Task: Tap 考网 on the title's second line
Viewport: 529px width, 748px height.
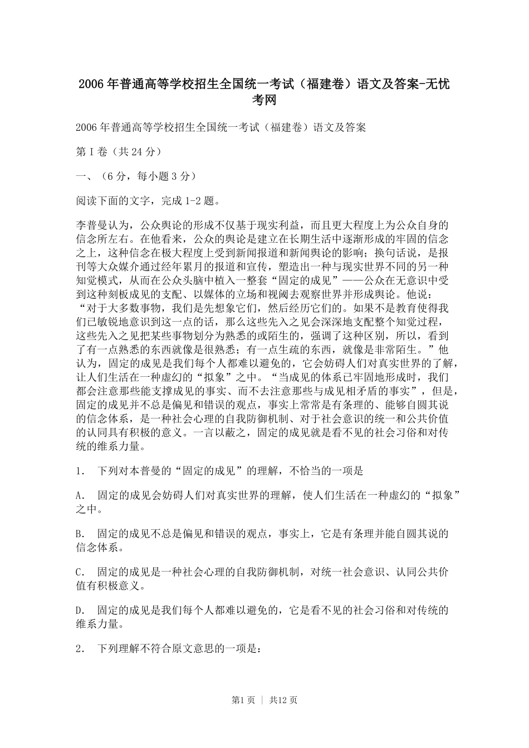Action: [264, 100]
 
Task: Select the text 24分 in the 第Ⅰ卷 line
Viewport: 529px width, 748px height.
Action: [144, 152]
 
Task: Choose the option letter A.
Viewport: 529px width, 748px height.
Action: [79, 495]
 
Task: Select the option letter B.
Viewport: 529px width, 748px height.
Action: [79, 534]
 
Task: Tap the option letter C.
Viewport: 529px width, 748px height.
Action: [79, 573]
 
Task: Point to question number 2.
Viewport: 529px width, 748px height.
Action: [79, 649]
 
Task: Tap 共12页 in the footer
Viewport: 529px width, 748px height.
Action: [283, 700]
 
